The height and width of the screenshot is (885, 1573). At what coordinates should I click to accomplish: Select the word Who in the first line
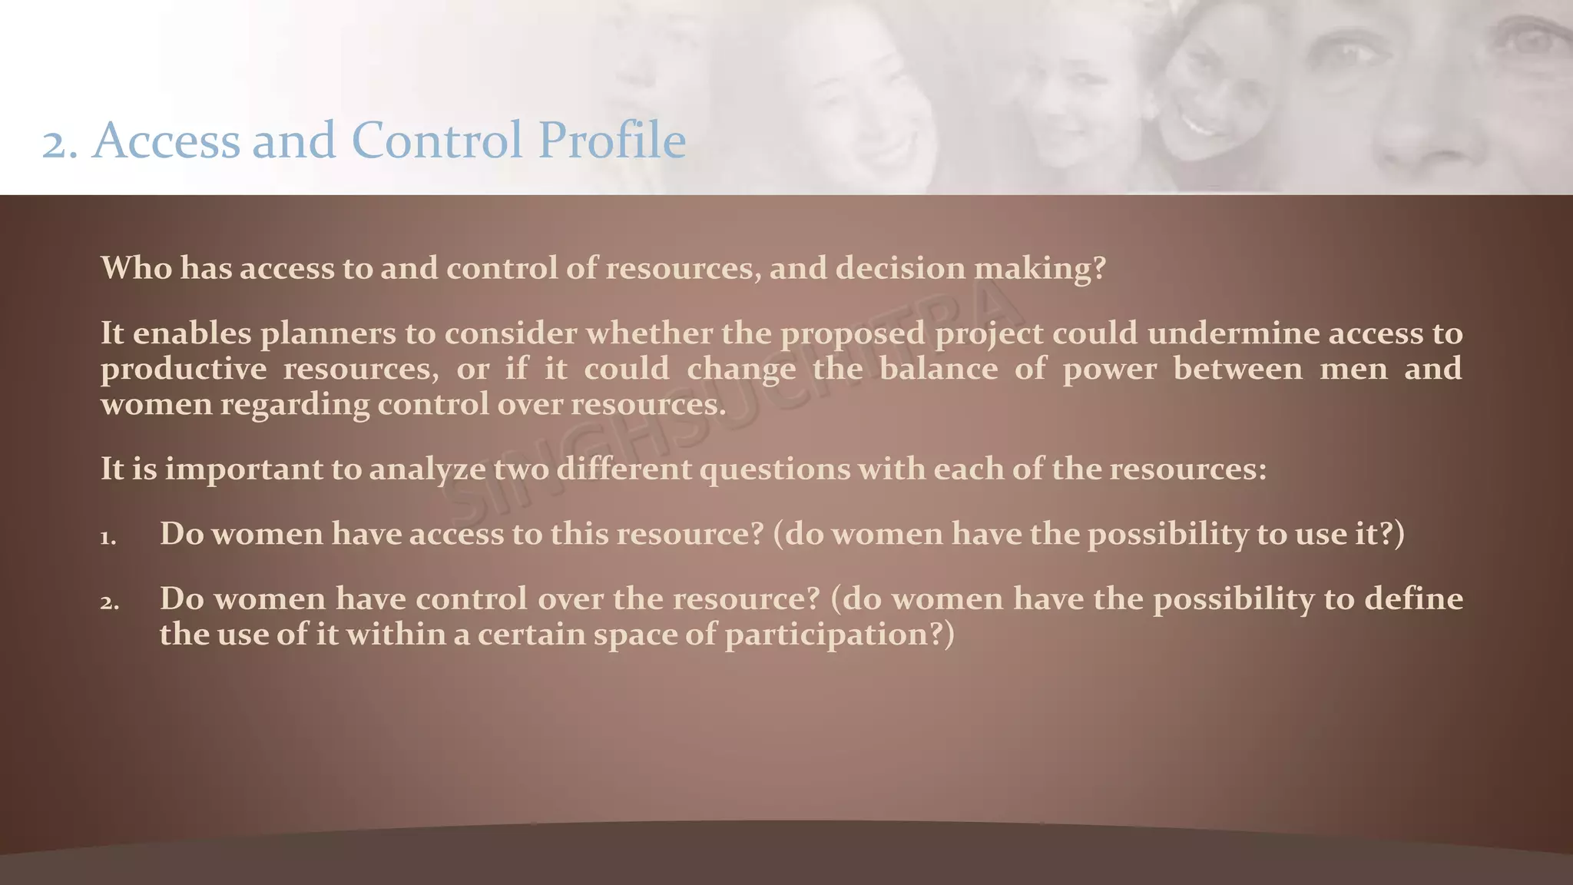(136, 268)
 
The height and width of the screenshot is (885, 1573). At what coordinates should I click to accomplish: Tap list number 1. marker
(108, 537)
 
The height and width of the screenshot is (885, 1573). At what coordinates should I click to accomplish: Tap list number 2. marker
(109, 602)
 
